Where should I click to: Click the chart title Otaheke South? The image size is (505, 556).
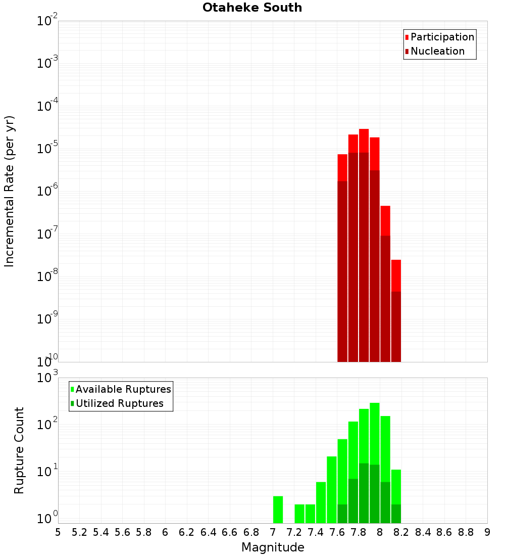pos(252,8)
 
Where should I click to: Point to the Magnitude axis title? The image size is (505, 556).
pos(273,547)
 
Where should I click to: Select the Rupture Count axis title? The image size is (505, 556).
pos(19,450)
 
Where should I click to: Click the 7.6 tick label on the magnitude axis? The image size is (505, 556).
pos(337,532)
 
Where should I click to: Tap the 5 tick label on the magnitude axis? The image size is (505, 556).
pos(58,532)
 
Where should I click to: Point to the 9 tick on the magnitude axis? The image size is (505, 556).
pos(487,532)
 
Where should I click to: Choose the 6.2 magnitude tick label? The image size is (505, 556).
pos(187,532)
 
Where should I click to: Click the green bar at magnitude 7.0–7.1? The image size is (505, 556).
pos(278,509)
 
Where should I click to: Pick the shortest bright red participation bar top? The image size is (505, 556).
pos(396,275)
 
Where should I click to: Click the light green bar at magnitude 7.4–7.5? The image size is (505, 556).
pos(321,502)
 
